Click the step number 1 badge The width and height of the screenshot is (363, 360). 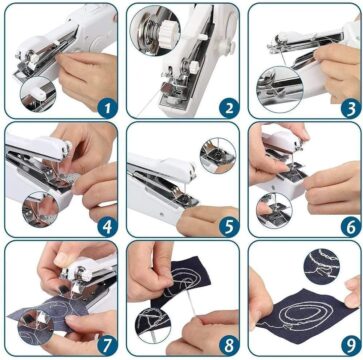coord(108,109)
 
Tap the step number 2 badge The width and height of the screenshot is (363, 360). coord(229,109)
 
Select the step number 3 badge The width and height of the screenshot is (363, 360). coord(351,109)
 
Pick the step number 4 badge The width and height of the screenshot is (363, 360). coord(108,227)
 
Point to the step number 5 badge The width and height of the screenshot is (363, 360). coord(229,227)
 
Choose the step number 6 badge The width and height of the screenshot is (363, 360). coord(351,227)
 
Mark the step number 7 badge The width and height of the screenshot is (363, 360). coord(108,346)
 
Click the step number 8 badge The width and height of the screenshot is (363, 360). coord(229,346)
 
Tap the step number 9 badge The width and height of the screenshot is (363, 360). coord(351,346)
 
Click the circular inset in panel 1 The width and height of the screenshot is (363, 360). coord(38,95)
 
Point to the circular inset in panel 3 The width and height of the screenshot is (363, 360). coord(280,89)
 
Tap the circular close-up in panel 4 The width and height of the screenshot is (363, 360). coord(40,209)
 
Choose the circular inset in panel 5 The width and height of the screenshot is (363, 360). coord(218,155)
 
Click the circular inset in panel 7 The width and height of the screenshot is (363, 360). coord(36,327)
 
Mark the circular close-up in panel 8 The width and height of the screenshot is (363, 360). coord(153,325)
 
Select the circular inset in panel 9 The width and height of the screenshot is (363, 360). coord(322,266)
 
